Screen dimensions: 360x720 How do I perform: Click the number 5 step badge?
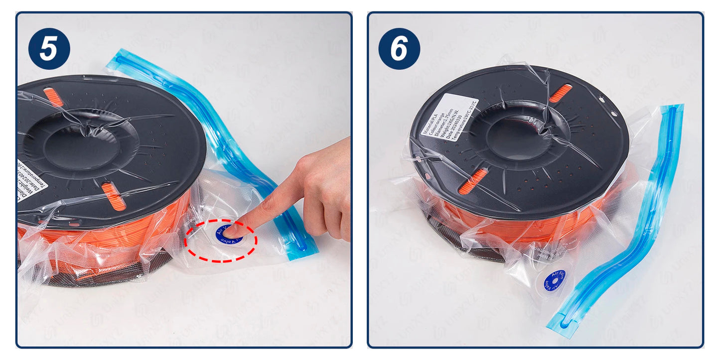point(49,48)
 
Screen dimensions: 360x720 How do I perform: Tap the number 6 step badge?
point(399,48)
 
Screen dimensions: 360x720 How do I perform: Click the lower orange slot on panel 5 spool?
point(114,196)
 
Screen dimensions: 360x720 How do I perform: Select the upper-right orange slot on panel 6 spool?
point(561,93)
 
